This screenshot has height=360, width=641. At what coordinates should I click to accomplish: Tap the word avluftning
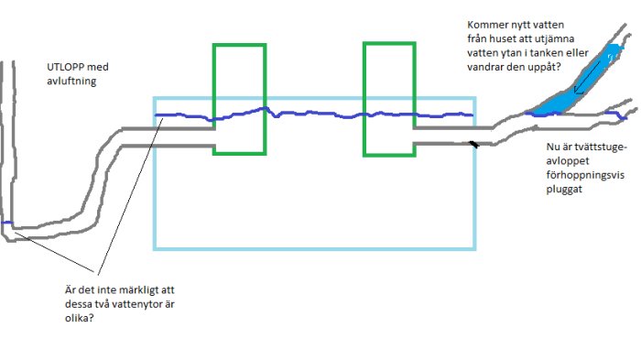click(x=71, y=81)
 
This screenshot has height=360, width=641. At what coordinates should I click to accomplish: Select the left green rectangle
click(x=240, y=100)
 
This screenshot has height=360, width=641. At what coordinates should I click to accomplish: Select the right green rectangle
click(x=389, y=100)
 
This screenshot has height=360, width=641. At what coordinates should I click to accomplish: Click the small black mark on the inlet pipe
click(x=473, y=144)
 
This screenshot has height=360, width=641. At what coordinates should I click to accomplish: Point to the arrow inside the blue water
click(x=587, y=77)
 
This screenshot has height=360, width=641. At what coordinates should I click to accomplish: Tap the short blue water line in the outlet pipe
click(x=7, y=223)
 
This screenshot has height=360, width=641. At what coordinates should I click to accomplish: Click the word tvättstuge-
click(x=600, y=147)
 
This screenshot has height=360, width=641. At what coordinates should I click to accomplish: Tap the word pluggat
click(x=564, y=190)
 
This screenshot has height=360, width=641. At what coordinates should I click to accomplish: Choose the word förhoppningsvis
click(x=585, y=176)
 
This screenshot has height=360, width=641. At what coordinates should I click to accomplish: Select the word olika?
click(x=80, y=318)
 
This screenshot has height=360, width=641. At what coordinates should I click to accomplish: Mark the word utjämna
click(x=556, y=39)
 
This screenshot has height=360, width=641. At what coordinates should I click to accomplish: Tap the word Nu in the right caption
click(x=552, y=147)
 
